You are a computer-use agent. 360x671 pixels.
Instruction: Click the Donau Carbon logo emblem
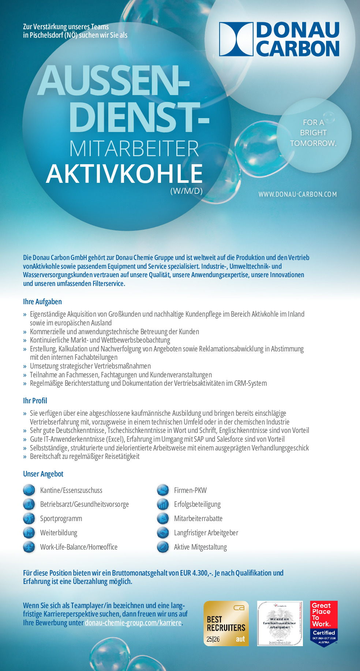[x=236, y=39]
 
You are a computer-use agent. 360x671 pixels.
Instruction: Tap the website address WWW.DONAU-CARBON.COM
[x=297, y=194]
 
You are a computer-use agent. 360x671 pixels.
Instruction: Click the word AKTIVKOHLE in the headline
[x=124, y=174]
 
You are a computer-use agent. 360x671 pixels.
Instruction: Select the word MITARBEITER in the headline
[x=134, y=149]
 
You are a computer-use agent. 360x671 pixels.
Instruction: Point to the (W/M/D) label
[x=186, y=191]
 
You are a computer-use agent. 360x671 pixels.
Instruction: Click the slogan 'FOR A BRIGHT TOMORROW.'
[x=313, y=133]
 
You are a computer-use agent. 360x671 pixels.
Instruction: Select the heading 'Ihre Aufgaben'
[x=42, y=302]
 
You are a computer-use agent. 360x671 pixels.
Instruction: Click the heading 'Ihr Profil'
[x=35, y=401]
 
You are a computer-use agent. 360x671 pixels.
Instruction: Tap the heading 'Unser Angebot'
[x=43, y=474]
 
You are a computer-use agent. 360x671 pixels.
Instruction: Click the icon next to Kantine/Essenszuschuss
[x=29, y=490]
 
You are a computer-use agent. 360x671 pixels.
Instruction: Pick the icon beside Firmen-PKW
[x=163, y=490]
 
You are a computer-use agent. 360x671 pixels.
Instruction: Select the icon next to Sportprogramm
[x=29, y=519]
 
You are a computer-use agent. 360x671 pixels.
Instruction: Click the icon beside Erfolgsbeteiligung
[x=163, y=504]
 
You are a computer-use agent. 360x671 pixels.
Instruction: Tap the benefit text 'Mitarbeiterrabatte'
[x=198, y=519]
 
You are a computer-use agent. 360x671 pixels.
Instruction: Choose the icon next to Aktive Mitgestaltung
[x=163, y=547]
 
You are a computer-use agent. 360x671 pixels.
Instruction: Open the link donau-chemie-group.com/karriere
[x=133, y=623]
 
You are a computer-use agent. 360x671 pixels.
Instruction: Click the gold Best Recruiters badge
[x=226, y=623]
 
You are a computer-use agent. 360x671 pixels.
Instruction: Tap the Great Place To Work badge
[x=324, y=623]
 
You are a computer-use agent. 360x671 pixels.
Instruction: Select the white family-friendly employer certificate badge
[x=280, y=623]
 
